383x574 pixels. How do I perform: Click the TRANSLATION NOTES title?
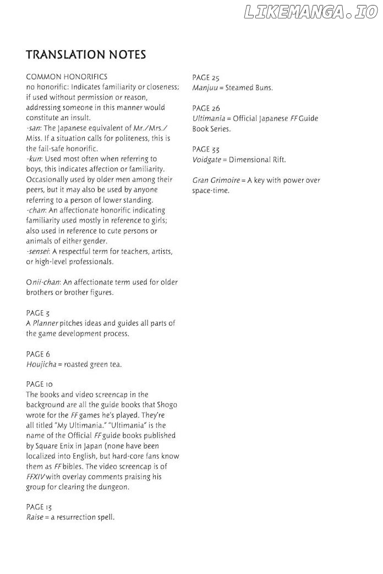(x=86, y=55)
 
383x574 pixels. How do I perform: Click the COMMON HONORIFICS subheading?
(x=67, y=77)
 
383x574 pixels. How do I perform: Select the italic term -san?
(x=32, y=128)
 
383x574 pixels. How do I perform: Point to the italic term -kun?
(x=33, y=159)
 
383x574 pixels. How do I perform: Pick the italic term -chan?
(x=35, y=210)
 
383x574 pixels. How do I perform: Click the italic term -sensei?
(x=37, y=251)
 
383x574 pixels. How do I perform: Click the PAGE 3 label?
(x=38, y=313)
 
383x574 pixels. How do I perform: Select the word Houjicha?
(x=41, y=364)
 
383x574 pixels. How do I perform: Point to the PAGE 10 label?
(x=40, y=384)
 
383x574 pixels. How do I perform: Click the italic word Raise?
(x=34, y=517)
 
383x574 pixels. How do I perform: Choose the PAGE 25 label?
(x=206, y=78)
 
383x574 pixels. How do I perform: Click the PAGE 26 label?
(x=206, y=108)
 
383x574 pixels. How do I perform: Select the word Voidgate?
(x=207, y=160)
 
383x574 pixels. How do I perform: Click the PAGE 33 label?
(x=206, y=149)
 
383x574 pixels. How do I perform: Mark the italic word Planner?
(x=45, y=323)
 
